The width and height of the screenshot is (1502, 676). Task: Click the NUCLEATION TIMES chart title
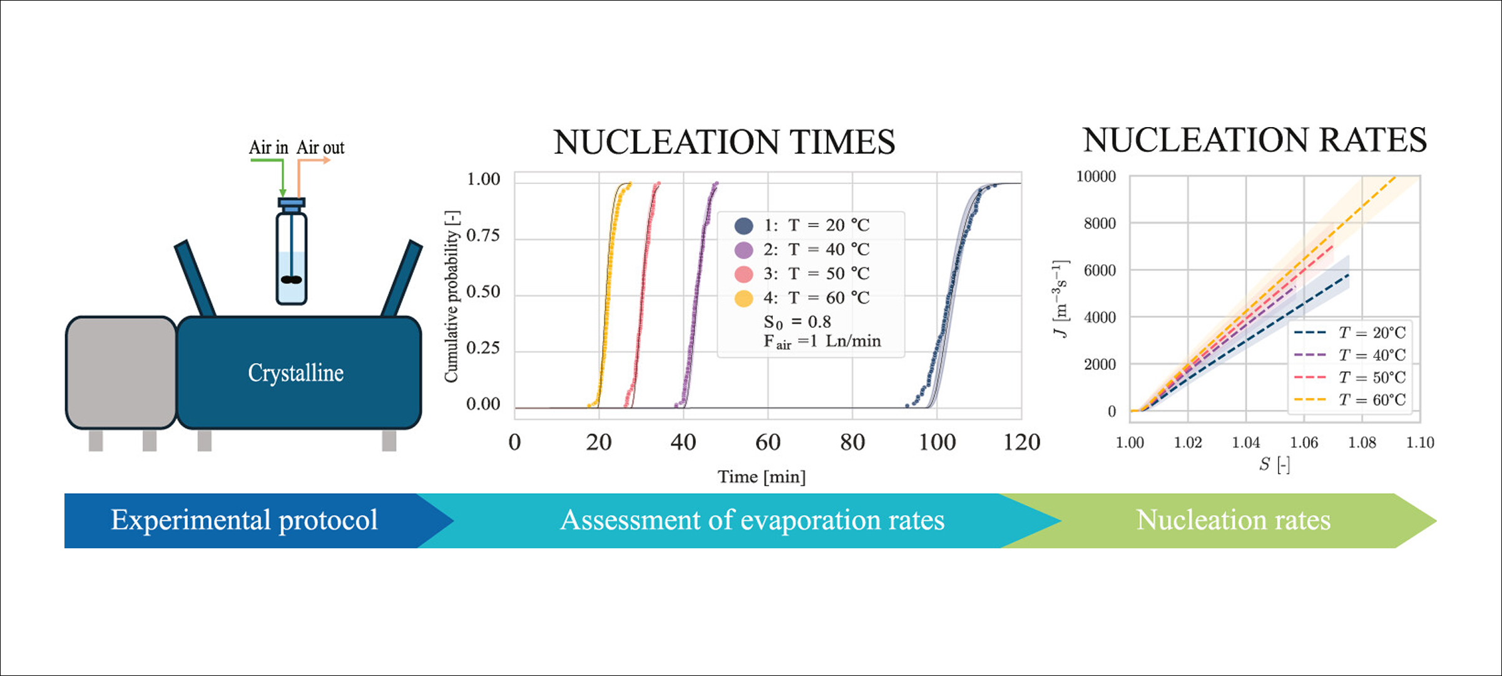(724, 142)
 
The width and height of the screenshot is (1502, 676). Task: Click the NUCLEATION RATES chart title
(1254, 140)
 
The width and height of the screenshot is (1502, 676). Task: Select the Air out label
(320, 148)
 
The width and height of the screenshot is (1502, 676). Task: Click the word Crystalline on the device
(295, 373)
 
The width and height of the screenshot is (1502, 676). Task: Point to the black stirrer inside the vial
(292, 279)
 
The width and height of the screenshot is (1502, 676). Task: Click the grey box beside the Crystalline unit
(121, 373)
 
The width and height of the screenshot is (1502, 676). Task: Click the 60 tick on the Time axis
(768, 443)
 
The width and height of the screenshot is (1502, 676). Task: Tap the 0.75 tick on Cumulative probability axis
(483, 235)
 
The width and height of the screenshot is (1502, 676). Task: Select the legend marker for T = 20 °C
(743, 225)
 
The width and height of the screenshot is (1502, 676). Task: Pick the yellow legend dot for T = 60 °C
(743, 298)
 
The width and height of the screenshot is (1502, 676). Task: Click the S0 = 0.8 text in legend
(797, 322)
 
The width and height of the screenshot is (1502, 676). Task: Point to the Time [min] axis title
(761, 477)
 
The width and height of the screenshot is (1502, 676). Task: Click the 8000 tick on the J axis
(1100, 223)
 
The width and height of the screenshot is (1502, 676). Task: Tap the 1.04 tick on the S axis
(1245, 443)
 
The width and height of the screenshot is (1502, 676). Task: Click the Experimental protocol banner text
(244, 520)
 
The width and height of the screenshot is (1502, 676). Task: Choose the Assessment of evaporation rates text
(752, 520)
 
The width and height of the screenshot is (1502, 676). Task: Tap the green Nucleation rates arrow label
(1233, 520)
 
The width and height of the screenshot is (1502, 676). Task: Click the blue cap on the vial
(292, 203)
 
